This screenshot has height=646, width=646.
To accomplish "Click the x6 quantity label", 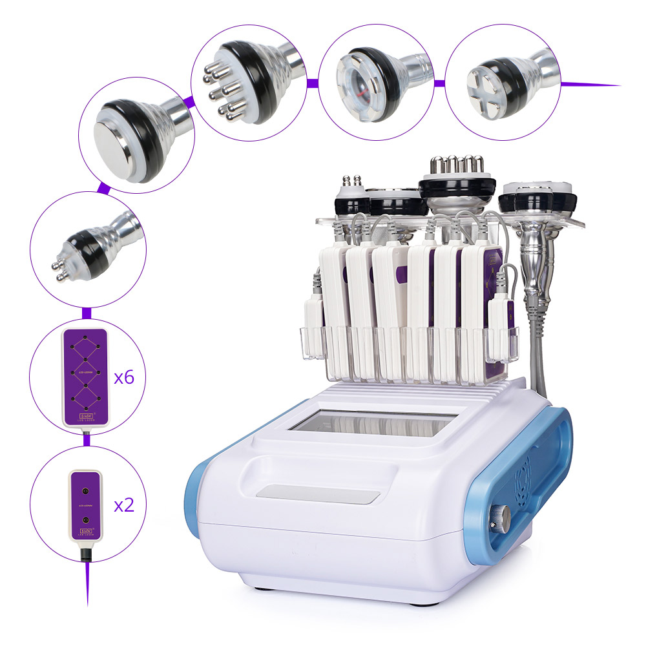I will click(123, 377).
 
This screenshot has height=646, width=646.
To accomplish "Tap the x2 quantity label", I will click(123, 505).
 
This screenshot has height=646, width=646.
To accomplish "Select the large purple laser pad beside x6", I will click(85, 377).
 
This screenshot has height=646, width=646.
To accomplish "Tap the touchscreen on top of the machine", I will click(371, 423).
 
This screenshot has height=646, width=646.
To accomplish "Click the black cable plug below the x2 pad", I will click(85, 555).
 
